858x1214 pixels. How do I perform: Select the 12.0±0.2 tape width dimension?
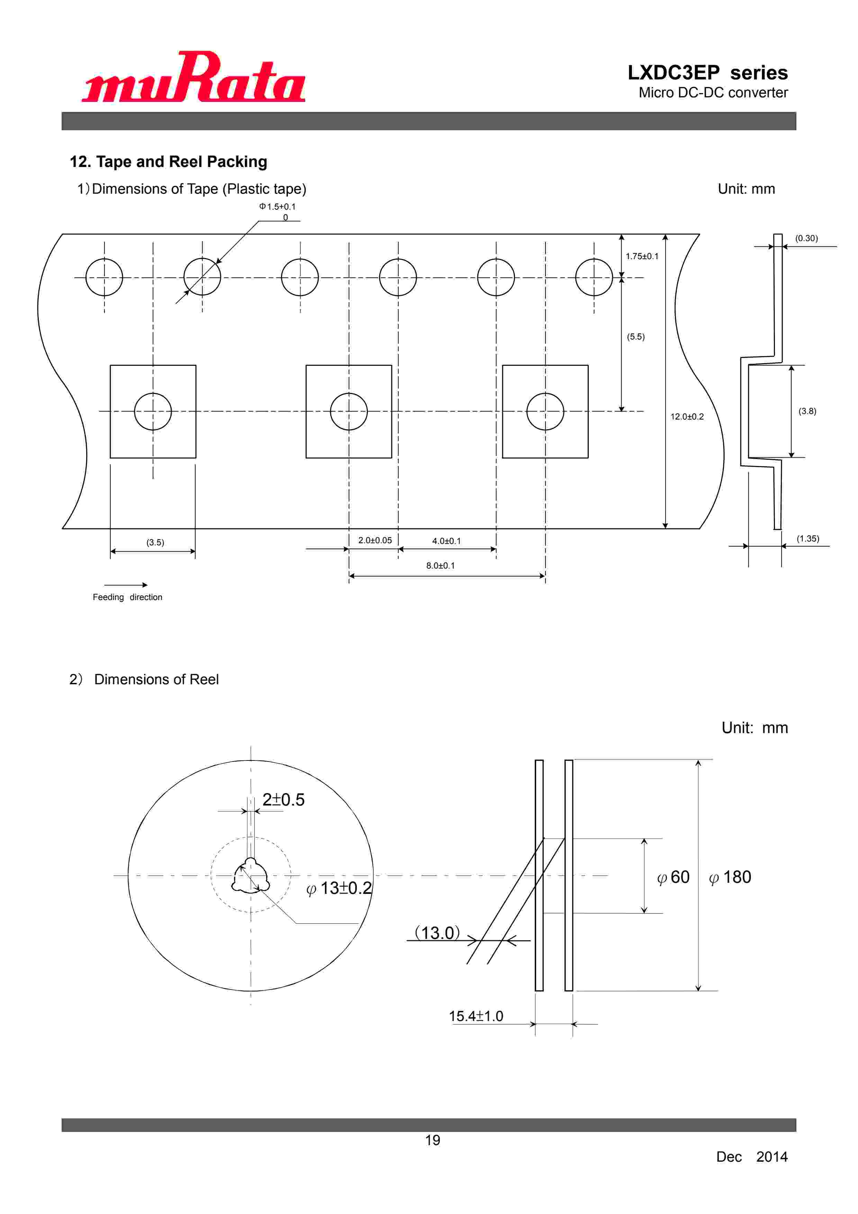coord(687,417)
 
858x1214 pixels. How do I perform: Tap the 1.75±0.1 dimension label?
coord(642,256)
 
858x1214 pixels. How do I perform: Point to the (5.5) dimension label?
coord(635,337)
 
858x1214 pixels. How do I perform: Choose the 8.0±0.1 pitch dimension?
coord(440,566)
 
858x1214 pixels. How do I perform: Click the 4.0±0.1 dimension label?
coord(446,541)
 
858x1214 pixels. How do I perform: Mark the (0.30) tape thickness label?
coord(806,238)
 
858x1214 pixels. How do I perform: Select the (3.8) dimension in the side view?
coord(807,411)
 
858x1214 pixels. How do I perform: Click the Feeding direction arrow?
coord(126,585)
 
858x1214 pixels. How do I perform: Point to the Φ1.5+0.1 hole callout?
coord(277,207)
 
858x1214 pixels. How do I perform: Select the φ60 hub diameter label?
coord(673,877)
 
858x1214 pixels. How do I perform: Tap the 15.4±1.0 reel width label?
coord(476,1016)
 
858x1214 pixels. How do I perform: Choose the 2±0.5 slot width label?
coord(283,800)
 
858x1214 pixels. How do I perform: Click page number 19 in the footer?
coord(432,1141)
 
